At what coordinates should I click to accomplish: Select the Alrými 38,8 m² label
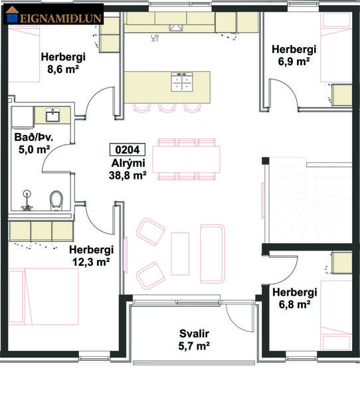point(128,170)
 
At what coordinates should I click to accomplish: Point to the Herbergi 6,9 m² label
point(294,55)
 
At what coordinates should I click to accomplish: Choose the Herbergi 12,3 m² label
point(91,255)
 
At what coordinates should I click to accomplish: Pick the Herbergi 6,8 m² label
point(294,298)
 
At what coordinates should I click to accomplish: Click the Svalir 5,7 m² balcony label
point(194,340)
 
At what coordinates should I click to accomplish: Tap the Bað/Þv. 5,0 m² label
point(33,144)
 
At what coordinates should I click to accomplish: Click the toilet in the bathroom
point(56,199)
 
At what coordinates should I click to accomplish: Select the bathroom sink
point(52,116)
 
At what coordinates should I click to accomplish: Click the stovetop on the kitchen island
point(181,82)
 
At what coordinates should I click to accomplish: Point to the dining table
point(186,159)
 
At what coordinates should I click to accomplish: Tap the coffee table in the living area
point(180,253)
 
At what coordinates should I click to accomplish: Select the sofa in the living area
point(213,251)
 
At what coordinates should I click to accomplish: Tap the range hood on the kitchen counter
point(176,27)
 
